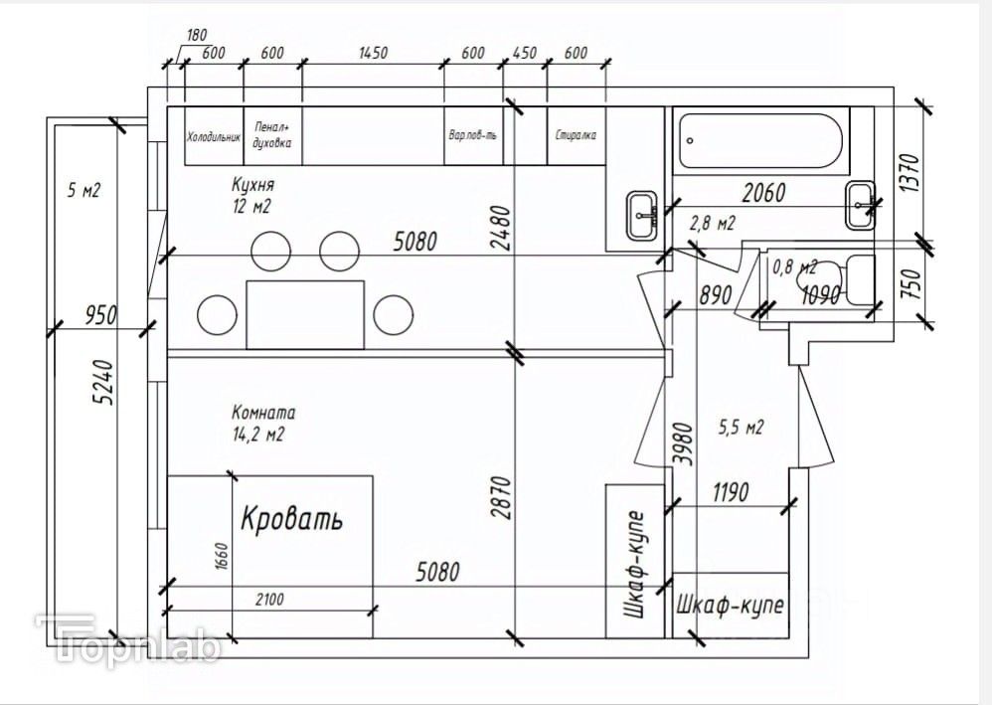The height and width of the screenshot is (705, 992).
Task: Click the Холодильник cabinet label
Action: (x=214, y=136)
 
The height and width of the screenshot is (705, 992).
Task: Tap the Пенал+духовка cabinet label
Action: (x=272, y=135)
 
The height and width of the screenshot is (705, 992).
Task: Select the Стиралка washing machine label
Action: (x=576, y=135)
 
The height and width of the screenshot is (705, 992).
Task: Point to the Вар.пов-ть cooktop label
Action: (x=473, y=135)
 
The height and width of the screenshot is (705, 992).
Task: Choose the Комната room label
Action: (x=263, y=413)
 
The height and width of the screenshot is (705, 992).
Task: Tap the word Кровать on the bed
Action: (x=291, y=518)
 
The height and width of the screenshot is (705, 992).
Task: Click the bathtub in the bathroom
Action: (x=761, y=140)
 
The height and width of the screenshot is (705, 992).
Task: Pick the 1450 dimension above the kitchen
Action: (x=374, y=53)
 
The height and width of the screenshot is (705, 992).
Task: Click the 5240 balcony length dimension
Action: (x=103, y=382)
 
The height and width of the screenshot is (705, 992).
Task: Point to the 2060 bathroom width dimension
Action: (x=763, y=193)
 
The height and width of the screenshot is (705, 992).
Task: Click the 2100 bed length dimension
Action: (x=270, y=599)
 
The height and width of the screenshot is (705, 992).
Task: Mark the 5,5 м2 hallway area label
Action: (x=741, y=428)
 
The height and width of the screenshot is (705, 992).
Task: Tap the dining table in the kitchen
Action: (x=305, y=314)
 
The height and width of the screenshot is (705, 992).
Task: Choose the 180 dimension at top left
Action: (x=197, y=35)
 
